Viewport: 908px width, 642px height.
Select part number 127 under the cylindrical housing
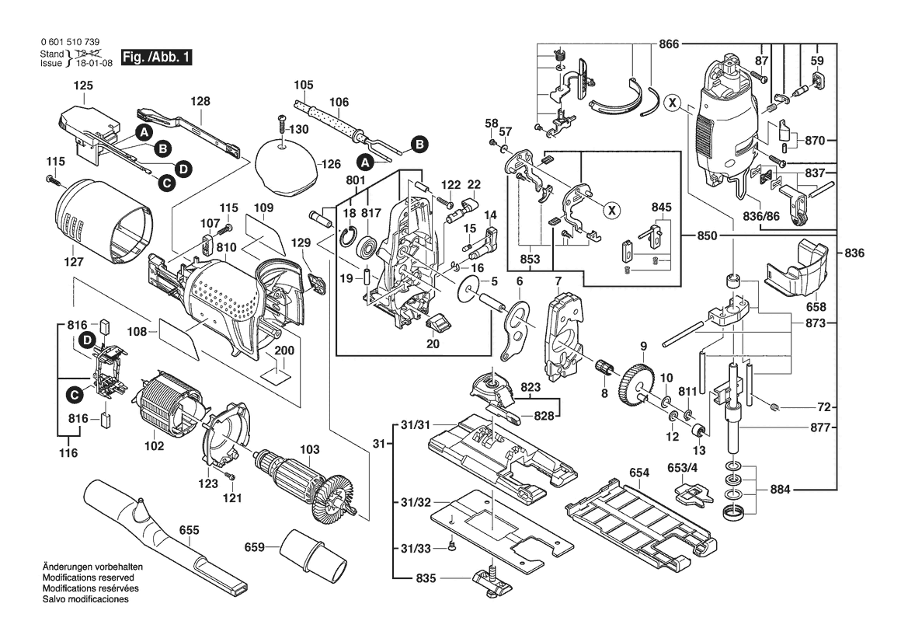(x=73, y=262)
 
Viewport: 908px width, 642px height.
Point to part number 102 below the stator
(x=155, y=446)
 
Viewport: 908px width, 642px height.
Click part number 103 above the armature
(x=310, y=449)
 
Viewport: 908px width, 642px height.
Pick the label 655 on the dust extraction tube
(x=189, y=530)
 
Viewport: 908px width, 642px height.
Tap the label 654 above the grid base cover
(x=639, y=472)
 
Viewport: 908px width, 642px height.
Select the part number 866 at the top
(x=668, y=44)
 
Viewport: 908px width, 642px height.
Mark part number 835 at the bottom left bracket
(x=426, y=579)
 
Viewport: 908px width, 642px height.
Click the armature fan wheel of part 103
(x=332, y=498)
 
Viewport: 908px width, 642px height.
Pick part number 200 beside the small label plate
(x=285, y=351)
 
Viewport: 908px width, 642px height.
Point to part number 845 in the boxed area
(x=661, y=208)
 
